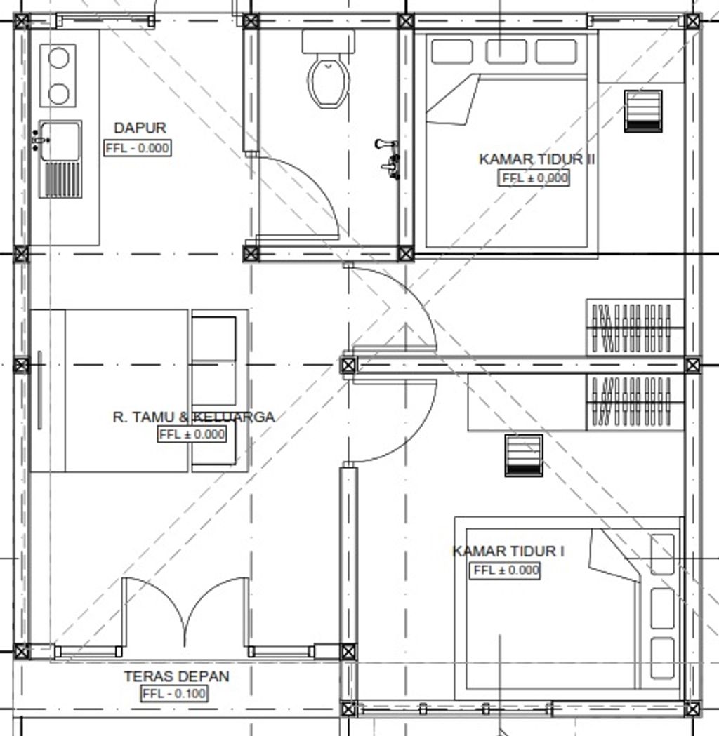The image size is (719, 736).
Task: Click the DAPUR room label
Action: (140, 128)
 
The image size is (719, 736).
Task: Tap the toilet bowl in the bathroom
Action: (329, 80)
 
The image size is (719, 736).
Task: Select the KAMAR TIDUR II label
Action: (536, 159)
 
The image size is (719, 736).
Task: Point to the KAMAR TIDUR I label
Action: (508, 551)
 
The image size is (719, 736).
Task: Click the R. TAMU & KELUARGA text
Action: (194, 417)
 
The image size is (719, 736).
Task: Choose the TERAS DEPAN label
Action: (176, 676)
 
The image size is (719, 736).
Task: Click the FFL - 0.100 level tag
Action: (174, 693)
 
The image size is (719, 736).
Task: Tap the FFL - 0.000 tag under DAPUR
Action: (137, 148)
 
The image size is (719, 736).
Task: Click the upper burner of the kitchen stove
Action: (59, 58)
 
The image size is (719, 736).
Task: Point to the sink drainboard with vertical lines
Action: (60, 180)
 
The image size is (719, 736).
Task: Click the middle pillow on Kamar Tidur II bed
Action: (506, 51)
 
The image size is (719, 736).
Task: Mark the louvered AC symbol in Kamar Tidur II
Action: (643, 112)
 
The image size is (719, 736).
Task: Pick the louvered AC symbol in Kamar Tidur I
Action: (524, 456)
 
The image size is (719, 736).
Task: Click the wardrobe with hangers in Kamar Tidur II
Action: (635, 327)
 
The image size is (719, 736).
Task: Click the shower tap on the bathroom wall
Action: (389, 159)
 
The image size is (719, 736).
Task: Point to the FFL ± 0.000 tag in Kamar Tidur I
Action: (505, 570)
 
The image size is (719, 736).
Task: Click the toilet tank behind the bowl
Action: (329, 42)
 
